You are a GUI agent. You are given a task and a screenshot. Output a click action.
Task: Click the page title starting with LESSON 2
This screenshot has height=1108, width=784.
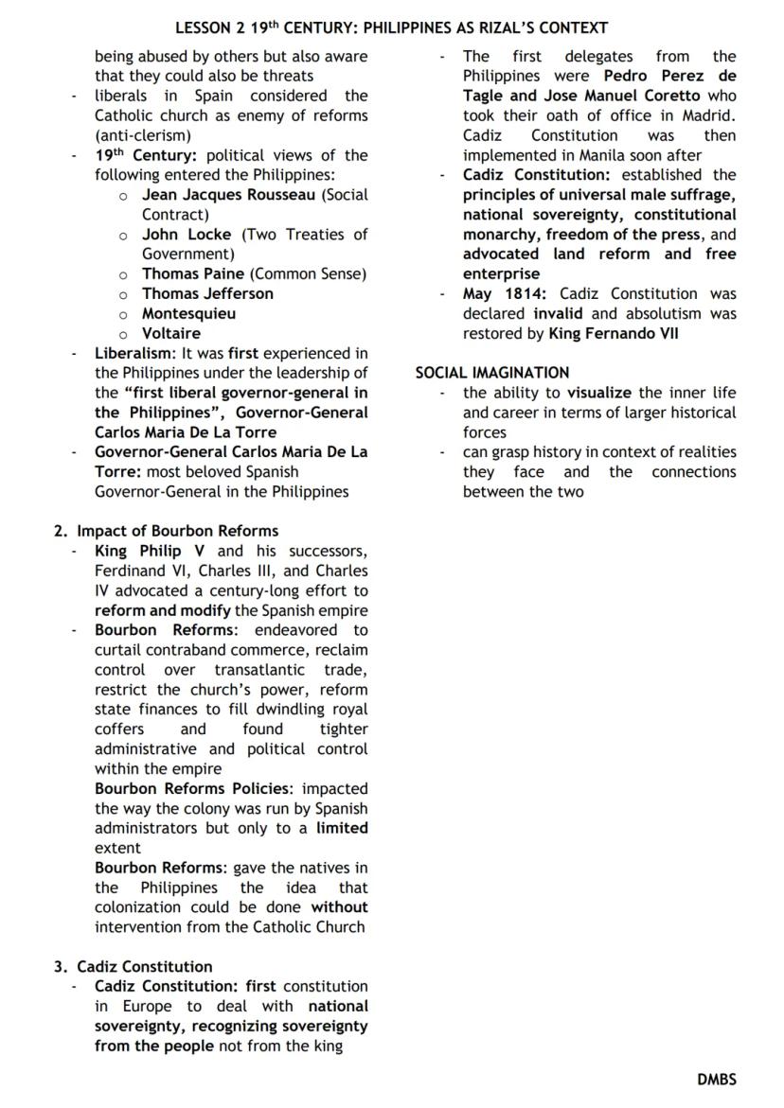(x=391, y=28)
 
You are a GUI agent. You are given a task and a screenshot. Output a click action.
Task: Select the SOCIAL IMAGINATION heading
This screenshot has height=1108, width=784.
(x=492, y=373)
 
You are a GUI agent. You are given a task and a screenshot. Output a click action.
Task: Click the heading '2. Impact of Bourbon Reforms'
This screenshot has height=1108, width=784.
(x=166, y=531)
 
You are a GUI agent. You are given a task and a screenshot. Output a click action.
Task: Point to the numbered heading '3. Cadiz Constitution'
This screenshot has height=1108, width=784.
(x=133, y=966)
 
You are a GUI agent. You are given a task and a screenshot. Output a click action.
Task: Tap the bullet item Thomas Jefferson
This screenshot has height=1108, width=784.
(x=207, y=293)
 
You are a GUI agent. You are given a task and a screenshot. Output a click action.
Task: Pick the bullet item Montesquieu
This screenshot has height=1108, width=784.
(x=188, y=313)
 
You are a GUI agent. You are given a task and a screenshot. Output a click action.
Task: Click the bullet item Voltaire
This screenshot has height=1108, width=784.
(x=170, y=333)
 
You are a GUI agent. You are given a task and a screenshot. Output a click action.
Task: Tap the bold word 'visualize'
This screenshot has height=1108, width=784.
(x=598, y=393)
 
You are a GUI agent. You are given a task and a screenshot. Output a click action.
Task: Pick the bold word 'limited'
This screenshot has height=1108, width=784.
(x=342, y=828)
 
